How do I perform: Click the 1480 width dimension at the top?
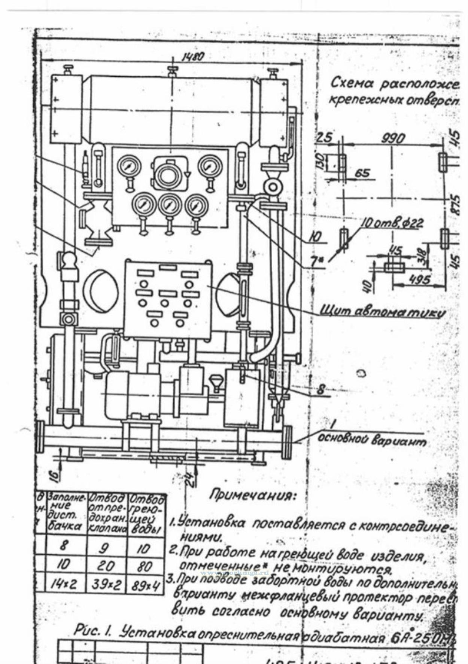point(193,57)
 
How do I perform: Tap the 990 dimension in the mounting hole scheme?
point(393,138)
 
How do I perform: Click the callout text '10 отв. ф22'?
point(392,223)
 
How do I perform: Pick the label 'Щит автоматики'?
point(382,312)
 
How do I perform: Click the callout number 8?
point(320,391)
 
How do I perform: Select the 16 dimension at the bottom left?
point(54,475)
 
